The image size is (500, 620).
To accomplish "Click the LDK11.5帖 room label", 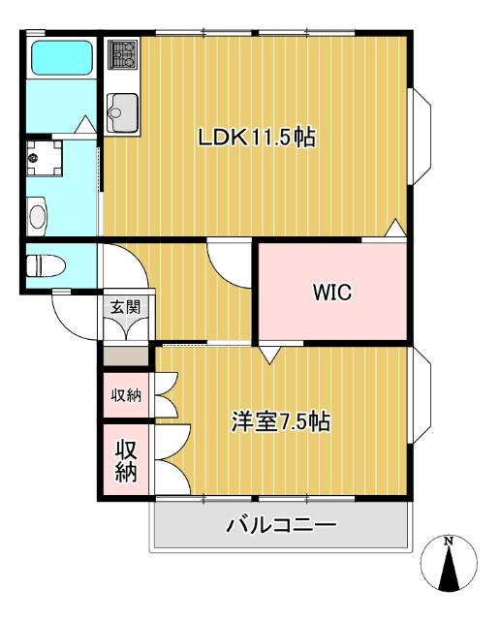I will [x=258, y=138].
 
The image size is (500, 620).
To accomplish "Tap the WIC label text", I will [x=331, y=292].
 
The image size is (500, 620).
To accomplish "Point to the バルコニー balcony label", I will [x=281, y=526].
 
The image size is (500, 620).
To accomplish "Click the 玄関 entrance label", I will [x=124, y=307].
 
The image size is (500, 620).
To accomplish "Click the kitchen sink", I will [x=122, y=109].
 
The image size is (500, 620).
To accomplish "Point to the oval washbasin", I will [x=37, y=214].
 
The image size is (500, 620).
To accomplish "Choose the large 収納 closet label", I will [x=126, y=461].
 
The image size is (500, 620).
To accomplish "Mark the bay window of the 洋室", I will [x=422, y=398].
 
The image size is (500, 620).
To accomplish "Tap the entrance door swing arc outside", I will [x=76, y=315].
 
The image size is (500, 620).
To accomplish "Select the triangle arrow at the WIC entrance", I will [x=270, y=356].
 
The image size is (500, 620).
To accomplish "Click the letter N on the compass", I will [x=448, y=542].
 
